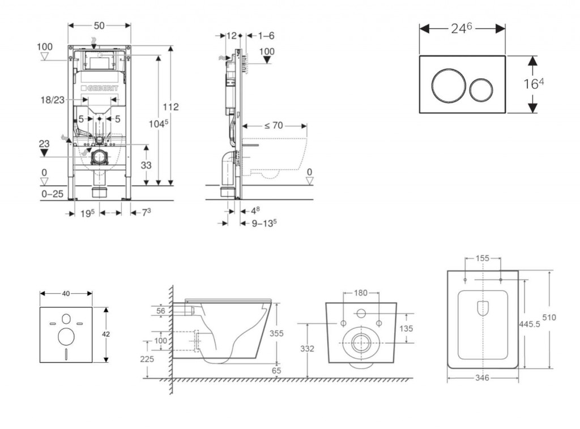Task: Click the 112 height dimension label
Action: tap(170, 106)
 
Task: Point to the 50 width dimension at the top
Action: tap(99, 26)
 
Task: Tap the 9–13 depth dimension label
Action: tap(264, 223)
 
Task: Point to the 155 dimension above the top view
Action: tap(483, 258)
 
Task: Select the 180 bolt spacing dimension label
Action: tap(361, 293)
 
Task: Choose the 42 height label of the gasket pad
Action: tap(106, 334)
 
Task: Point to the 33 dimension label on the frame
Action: tap(146, 165)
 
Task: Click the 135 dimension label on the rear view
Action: tap(406, 329)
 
